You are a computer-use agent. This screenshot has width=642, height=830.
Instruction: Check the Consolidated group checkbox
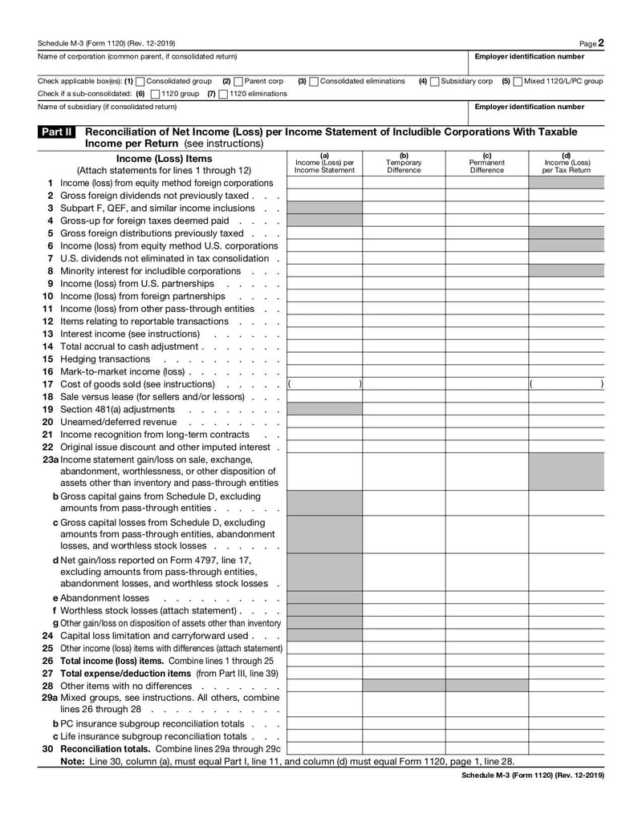(140, 81)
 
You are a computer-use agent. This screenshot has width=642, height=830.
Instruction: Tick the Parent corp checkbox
(238, 81)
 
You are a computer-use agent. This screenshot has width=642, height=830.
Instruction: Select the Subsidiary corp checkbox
(434, 81)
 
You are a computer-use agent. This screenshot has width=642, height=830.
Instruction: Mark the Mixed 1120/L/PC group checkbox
(518, 81)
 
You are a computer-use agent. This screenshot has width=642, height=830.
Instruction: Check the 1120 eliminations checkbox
(223, 94)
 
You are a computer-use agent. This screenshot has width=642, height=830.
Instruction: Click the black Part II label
(56, 132)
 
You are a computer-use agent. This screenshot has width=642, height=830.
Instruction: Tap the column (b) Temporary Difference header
(403, 163)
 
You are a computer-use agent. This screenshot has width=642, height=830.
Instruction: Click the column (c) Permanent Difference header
(486, 163)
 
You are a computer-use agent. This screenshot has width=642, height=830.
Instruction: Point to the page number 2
(601, 43)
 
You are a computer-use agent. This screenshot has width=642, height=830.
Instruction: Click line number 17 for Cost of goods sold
(47, 384)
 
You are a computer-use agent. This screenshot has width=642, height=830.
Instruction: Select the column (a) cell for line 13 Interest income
(324, 334)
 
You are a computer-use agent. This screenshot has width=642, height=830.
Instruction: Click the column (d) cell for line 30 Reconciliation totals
(566, 749)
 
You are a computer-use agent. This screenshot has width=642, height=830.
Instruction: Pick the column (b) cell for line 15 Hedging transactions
(403, 359)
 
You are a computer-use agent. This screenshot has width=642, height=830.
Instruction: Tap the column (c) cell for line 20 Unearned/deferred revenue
(486, 422)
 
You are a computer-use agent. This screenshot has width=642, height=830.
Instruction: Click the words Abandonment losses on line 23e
(104, 598)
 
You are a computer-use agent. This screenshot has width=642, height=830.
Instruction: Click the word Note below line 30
(73, 761)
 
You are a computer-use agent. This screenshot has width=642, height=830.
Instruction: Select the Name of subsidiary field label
(108, 107)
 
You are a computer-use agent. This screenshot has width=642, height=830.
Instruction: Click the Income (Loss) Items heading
(164, 159)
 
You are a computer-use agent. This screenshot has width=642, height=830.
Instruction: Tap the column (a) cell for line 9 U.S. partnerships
(324, 284)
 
